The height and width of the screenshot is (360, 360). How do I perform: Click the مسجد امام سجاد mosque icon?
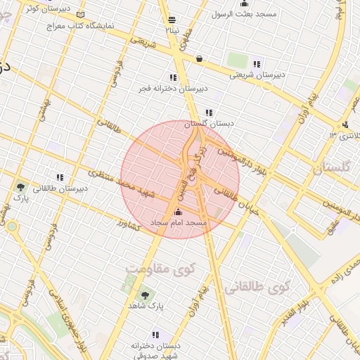(x=177, y=212)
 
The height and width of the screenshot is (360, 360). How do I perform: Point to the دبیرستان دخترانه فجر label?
(x=173, y=89)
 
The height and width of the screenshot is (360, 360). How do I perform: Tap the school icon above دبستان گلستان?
(x=208, y=112)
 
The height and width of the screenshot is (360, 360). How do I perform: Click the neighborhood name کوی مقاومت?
(x=160, y=269)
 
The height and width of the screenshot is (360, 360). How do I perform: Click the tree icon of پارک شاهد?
(x=146, y=295)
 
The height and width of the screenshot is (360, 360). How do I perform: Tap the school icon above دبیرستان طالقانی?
(x=60, y=177)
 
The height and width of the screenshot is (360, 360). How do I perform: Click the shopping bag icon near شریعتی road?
(x=200, y=59)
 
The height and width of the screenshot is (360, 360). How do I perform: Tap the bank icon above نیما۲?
(x=172, y=19)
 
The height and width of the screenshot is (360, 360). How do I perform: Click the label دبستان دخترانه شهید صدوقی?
(x=155, y=350)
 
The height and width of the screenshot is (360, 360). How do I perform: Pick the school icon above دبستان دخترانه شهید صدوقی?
(x=155, y=335)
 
